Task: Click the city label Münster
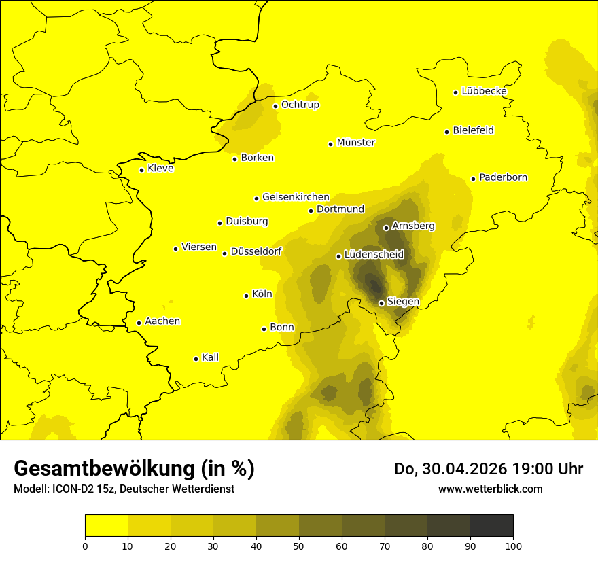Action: pos(355,143)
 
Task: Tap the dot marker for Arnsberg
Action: pos(386,228)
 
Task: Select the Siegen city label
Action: pos(403,302)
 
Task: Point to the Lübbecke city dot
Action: pos(456,92)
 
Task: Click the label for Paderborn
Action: pos(503,177)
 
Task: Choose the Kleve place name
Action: pos(160,169)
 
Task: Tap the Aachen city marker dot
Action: pos(139,323)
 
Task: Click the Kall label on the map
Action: pos(210,357)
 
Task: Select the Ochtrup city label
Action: pos(300,105)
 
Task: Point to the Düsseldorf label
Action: pos(256,252)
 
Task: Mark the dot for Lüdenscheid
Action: pos(338,256)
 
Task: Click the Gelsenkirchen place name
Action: pos(296,197)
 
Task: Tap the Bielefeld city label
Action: pos(473,130)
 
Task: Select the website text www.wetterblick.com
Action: pos(490,489)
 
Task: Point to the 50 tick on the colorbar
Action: pos(299,546)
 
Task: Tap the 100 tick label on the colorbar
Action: pos(513,546)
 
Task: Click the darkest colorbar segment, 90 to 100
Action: pos(491,526)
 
